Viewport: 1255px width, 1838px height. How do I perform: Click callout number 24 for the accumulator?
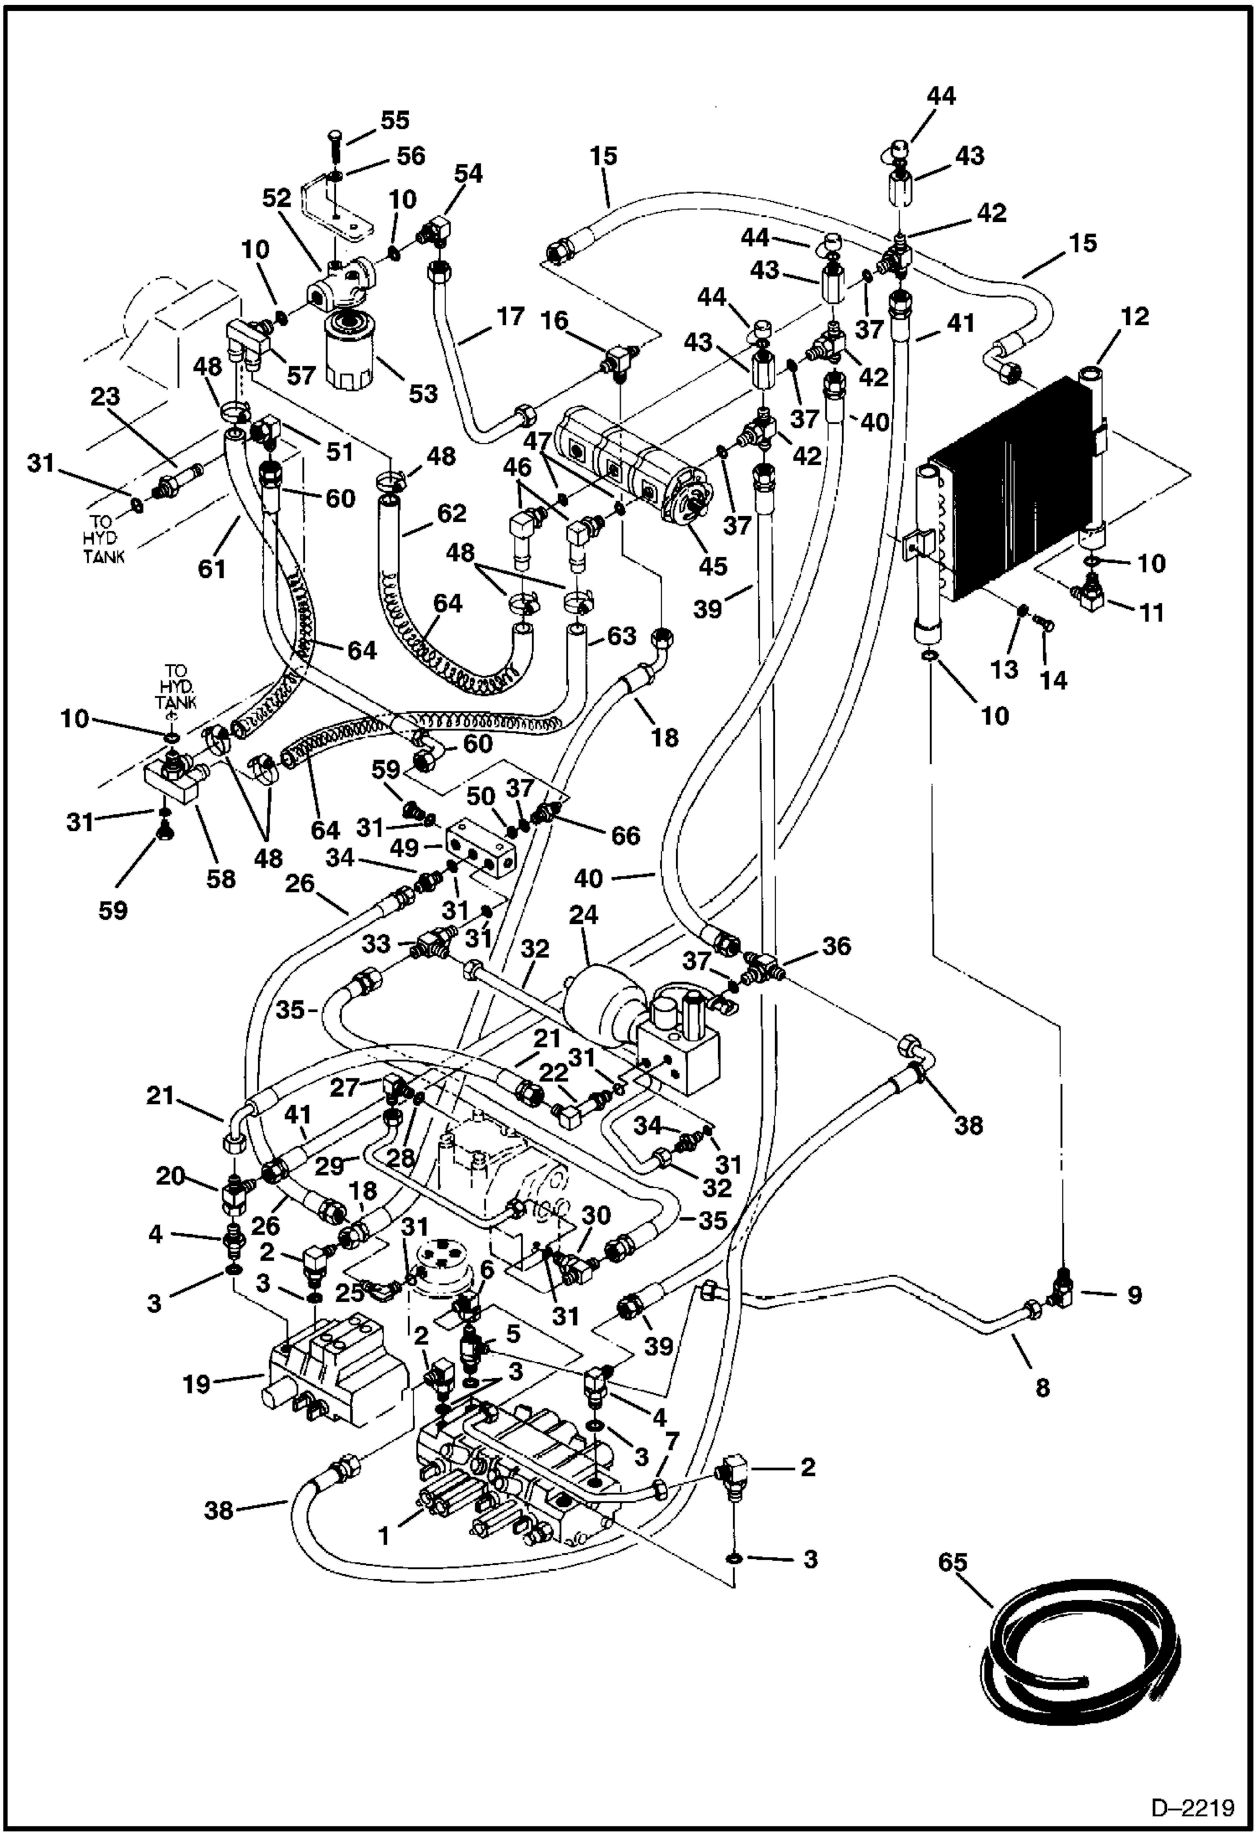[583, 915]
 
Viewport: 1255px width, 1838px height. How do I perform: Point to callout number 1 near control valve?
[384, 1536]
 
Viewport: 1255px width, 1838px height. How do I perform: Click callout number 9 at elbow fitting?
[1134, 1295]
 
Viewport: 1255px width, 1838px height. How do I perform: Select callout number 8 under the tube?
[1041, 1388]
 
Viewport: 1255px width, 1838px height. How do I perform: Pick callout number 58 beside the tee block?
[220, 878]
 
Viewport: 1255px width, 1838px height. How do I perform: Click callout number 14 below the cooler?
[1053, 681]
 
